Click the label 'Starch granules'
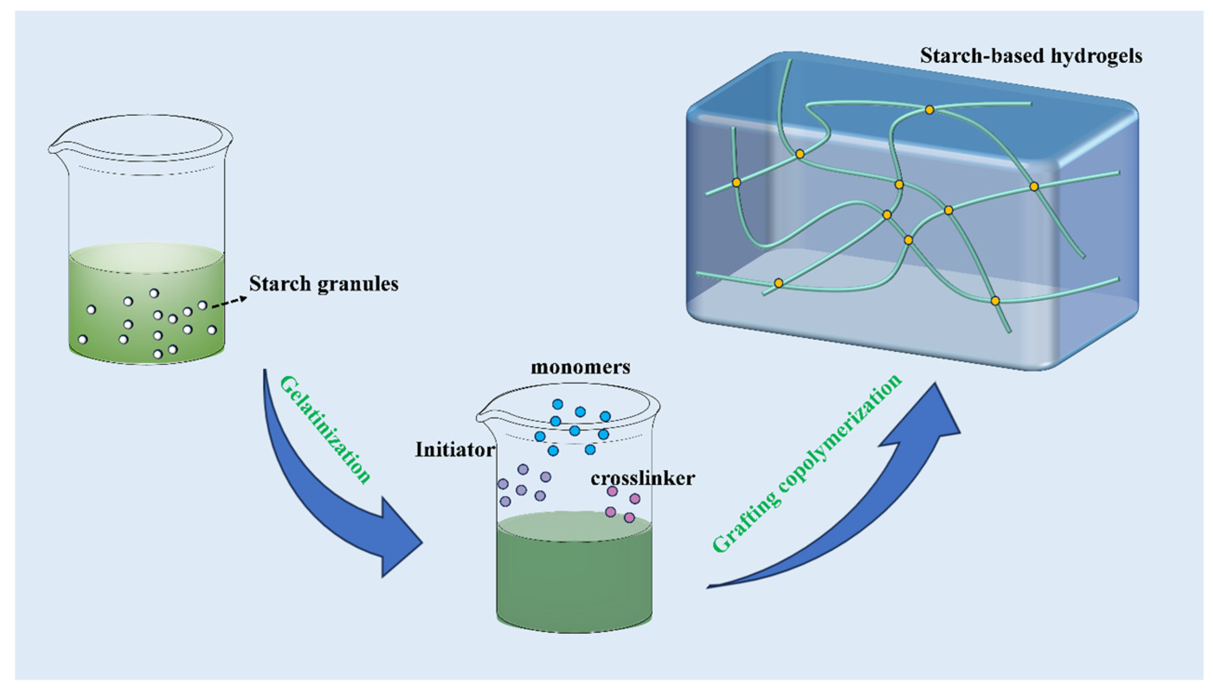coord(323,284)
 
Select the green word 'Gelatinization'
coord(325,429)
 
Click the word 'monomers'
coord(580,367)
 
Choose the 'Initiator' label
coord(455,449)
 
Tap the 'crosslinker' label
coord(643,478)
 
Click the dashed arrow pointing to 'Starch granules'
coord(229,302)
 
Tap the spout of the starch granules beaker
coord(53,148)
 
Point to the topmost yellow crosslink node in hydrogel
coord(929,110)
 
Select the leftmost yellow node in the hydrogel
coord(736,182)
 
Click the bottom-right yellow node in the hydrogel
coord(995,300)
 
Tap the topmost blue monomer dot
coord(558,404)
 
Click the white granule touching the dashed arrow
coord(203,306)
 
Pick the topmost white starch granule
coord(154,293)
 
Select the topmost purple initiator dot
coord(523,469)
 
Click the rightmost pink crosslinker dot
coord(635,498)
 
